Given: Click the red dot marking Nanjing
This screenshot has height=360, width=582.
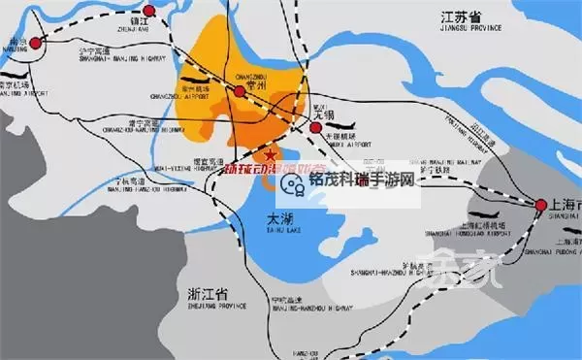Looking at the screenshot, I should pyautogui.click(x=37, y=42).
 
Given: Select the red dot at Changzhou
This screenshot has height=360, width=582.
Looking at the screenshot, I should pyautogui.click(x=239, y=91).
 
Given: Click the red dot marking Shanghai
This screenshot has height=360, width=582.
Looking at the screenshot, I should pyautogui.click(x=539, y=205).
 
